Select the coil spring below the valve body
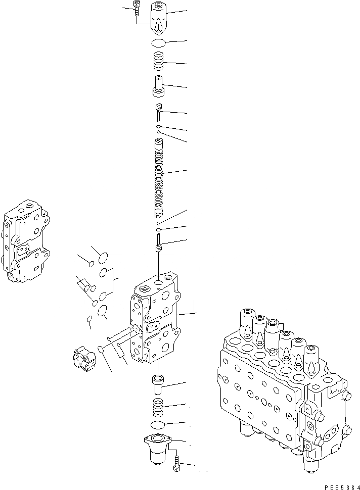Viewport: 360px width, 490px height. [x=158, y=405]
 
